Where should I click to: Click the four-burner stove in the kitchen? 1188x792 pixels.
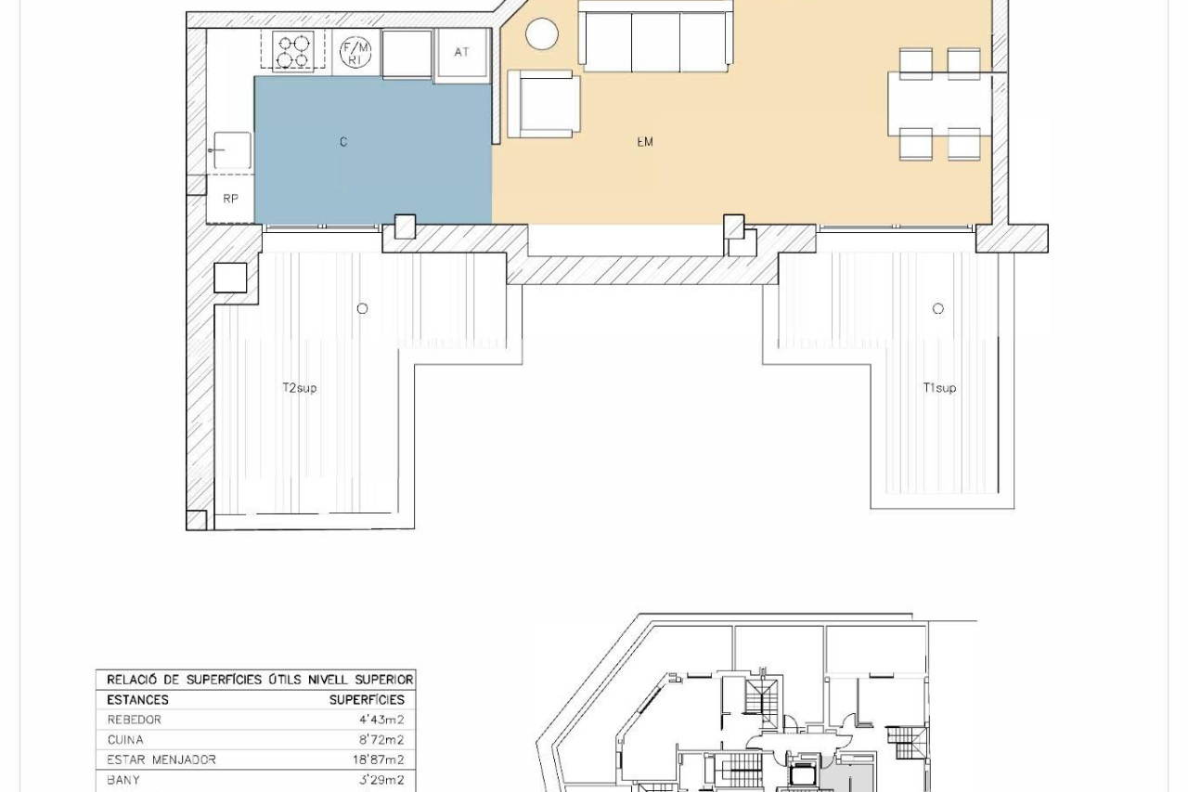point(293,50)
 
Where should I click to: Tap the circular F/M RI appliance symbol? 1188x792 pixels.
point(355,52)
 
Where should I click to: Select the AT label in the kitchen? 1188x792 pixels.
point(461,52)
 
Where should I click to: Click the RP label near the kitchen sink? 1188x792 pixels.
point(230,199)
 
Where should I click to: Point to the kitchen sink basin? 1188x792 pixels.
point(232,150)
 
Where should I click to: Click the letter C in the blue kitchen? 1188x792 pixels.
point(343,142)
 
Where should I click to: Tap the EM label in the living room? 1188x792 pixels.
point(645,142)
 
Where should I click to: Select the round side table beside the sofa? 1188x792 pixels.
point(541,34)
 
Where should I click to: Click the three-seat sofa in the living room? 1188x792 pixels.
point(655,36)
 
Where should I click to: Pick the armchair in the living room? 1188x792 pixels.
point(544,104)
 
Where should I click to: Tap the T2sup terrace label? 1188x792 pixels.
point(300,388)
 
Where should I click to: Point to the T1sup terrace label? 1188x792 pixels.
point(939,388)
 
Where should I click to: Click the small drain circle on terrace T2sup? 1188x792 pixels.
point(362,308)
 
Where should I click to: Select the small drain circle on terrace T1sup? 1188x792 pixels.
point(937,308)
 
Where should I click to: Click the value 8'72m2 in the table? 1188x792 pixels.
point(378,739)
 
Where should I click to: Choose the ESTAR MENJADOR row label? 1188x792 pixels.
point(161,760)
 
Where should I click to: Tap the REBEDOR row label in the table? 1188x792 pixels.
point(135,720)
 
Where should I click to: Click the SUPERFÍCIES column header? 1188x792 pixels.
point(367,699)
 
